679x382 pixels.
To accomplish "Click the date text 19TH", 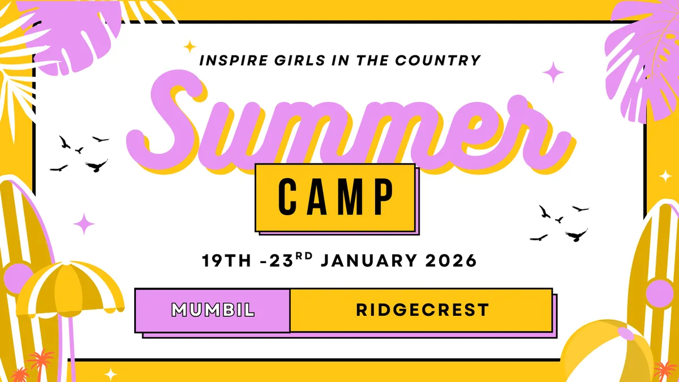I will (x=225, y=261).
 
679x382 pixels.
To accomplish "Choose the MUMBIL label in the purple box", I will (x=213, y=310).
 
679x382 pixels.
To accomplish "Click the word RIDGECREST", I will (x=422, y=310).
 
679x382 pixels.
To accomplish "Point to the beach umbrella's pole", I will (x=71, y=345).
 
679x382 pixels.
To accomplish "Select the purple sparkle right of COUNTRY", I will (x=553, y=72).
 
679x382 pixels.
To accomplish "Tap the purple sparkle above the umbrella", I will (x=84, y=224).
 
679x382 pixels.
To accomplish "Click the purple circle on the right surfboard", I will (x=660, y=294).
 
